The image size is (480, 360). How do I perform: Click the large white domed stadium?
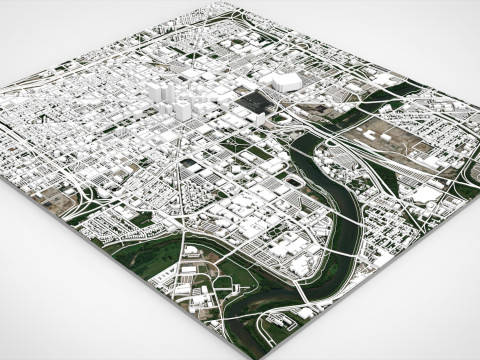[281, 80]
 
